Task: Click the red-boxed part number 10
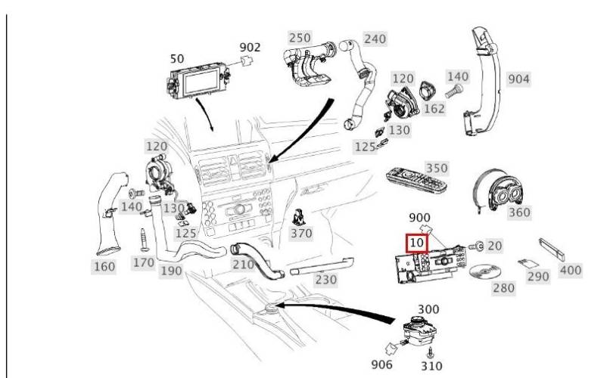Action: [417, 243]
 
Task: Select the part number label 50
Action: [177, 58]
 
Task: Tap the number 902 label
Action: [250, 47]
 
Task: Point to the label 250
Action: [300, 38]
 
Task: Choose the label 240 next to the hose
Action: [375, 39]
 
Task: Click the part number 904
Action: [518, 79]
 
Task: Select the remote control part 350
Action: [417, 181]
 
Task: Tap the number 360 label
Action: [519, 212]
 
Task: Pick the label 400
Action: [571, 270]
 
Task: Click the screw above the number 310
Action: [431, 352]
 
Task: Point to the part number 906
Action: [381, 364]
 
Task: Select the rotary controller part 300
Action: [419, 329]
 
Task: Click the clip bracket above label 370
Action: [299, 218]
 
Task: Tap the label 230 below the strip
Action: [325, 280]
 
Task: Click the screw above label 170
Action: [144, 240]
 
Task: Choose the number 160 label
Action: [104, 267]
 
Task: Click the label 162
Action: [434, 109]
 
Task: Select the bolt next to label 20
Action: [477, 246]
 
